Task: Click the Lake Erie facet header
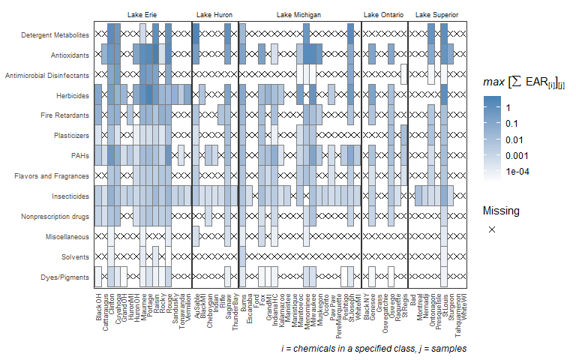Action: pyautogui.click(x=142, y=15)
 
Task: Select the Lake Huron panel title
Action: pyautogui.click(x=214, y=15)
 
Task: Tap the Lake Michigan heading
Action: pyautogui.click(x=299, y=15)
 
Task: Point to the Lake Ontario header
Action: pyautogui.click(x=384, y=15)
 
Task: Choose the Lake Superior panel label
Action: pyautogui.click(x=437, y=15)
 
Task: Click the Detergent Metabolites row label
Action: pyautogui.click(x=55, y=35)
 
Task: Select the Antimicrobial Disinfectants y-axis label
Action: pyautogui.click(x=48, y=76)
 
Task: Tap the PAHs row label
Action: pyautogui.click(x=79, y=156)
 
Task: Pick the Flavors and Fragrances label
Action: pyautogui.click(x=53, y=176)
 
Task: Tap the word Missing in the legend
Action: pyautogui.click(x=502, y=211)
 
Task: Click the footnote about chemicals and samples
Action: pyautogui.click(x=374, y=349)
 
